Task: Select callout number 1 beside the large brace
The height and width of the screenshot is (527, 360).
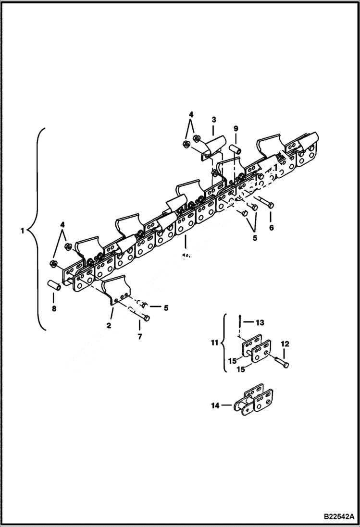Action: pos(22,231)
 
